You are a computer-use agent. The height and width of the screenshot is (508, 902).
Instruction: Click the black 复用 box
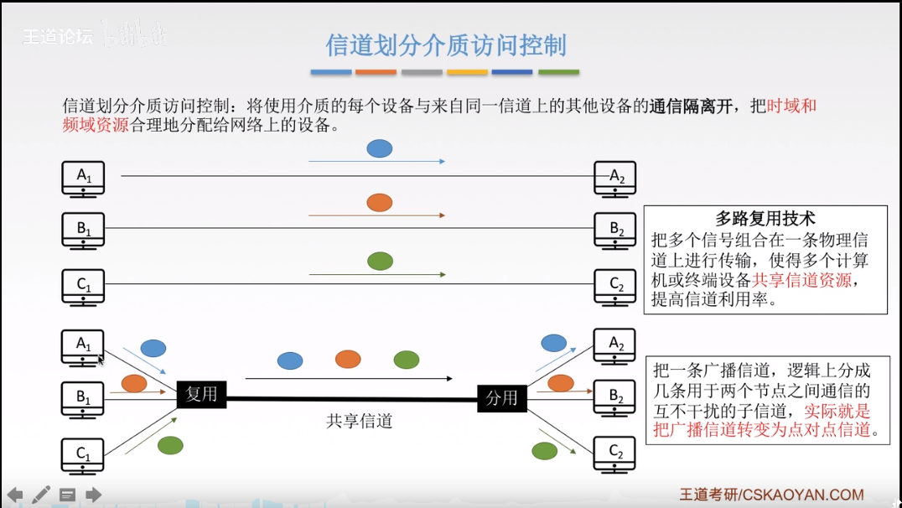pyautogui.click(x=202, y=394)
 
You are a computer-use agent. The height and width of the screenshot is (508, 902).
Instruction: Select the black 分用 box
pyautogui.click(x=502, y=397)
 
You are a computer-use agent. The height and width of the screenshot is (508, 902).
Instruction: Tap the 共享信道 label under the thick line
pyautogui.click(x=360, y=421)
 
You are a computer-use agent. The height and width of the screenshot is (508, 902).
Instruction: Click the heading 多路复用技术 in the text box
pyautogui.click(x=765, y=220)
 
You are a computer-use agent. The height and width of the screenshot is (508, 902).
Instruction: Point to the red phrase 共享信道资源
pyautogui.click(x=802, y=281)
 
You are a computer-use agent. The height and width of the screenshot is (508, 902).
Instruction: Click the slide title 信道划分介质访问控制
pyautogui.click(x=445, y=44)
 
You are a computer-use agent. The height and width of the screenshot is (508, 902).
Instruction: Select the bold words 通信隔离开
pyautogui.click(x=691, y=106)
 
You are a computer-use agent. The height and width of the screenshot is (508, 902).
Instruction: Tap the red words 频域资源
pyautogui.click(x=96, y=126)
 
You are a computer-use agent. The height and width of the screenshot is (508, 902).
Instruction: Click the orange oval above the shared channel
pyautogui.click(x=348, y=360)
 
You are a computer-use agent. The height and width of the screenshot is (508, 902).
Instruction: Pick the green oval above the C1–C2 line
pyautogui.click(x=380, y=261)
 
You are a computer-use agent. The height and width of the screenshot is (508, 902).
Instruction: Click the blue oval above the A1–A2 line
pyautogui.click(x=380, y=149)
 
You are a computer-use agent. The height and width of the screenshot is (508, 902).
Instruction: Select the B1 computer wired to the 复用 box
pyautogui.click(x=83, y=398)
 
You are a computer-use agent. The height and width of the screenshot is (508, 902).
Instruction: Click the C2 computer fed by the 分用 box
pyautogui.click(x=615, y=454)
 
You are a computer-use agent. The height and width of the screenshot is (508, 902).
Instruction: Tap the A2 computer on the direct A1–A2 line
pyautogui.click(x=615, y=178)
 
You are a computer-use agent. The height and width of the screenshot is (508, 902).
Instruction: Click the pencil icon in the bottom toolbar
pyautogui.click(x=41, y=495)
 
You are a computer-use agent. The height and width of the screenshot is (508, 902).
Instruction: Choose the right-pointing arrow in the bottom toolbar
pyautogui.click(x=94, y=495)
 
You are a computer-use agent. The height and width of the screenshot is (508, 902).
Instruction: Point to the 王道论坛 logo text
pyautogui.click(x=58, y=36)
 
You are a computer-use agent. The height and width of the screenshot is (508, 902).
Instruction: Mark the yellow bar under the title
pyautogui.click(x=467, y=72)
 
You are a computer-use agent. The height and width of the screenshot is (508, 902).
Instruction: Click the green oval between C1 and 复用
pyautogui.click(x=170, y=445)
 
